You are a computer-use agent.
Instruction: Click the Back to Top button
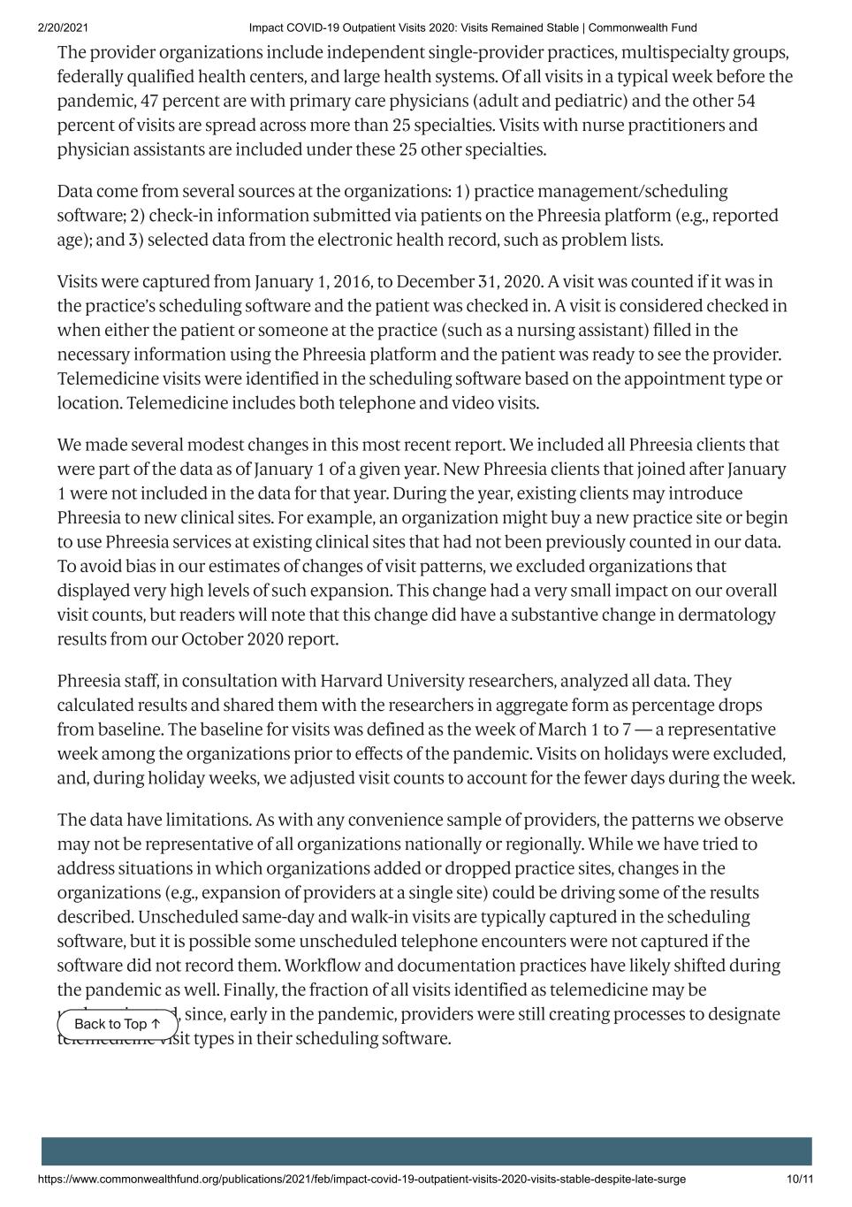coord(118,1024)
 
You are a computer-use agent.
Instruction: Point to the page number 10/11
coord(799,1179)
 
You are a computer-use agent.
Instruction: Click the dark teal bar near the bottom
coord(426,1150)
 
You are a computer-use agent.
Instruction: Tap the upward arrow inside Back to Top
coord(156,1024)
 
